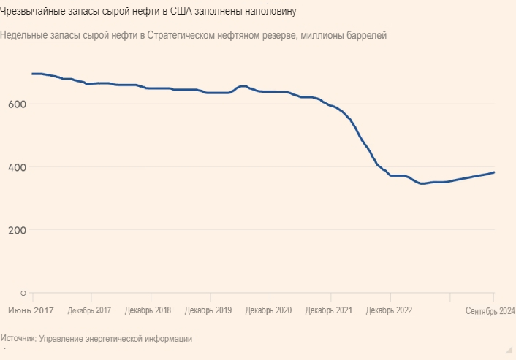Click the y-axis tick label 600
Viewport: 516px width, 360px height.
pos(18,104)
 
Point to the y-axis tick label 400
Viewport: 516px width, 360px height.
pos(18,167)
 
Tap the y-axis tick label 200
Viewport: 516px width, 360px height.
pos(18,230)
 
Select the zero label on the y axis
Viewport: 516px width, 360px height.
pos(23,294)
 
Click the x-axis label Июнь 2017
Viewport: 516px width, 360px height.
pos(31,310)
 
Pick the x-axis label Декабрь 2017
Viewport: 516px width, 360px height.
pos(89,310)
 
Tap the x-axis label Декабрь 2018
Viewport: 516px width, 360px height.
pos(148,310)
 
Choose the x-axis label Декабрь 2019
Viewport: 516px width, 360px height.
pos(208,310)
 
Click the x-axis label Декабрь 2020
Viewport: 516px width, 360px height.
pos(268,310)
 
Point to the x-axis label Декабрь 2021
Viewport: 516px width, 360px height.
pos(328,310)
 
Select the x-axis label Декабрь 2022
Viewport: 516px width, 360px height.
pos(389,310)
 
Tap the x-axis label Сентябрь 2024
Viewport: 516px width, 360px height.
pos(490,310)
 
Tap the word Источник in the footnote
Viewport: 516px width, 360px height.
pos(18,339)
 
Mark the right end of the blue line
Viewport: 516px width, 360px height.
pos(494,172)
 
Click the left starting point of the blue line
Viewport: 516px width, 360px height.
pos(32,74)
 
